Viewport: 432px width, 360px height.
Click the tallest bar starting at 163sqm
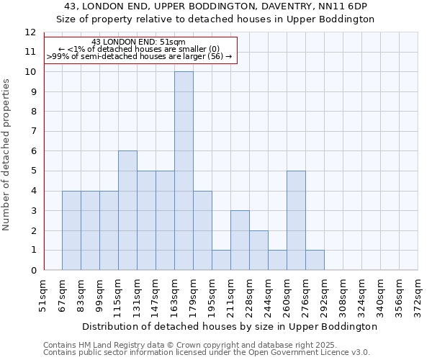click(x=184, y=171)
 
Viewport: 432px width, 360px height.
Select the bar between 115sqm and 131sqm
click(x=127, y=210)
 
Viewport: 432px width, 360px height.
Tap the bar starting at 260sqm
click(x=296, y=220)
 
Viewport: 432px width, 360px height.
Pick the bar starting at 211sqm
click(x=240, y=240)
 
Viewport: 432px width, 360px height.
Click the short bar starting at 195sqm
click(x=221, y=260)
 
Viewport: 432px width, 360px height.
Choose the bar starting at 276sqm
click(x=315, y=260)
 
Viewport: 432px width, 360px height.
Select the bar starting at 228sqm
click(x=258, y=250)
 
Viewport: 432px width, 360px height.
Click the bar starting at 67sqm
click(x=71, y=230)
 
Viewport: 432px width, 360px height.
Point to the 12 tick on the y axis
click(x=30, y=32)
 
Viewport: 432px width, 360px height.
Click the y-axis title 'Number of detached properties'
click(x=6, y=155)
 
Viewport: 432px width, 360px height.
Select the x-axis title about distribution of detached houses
click(x=230, y=326)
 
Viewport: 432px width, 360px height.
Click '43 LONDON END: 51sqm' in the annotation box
click(x=139, y=42)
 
